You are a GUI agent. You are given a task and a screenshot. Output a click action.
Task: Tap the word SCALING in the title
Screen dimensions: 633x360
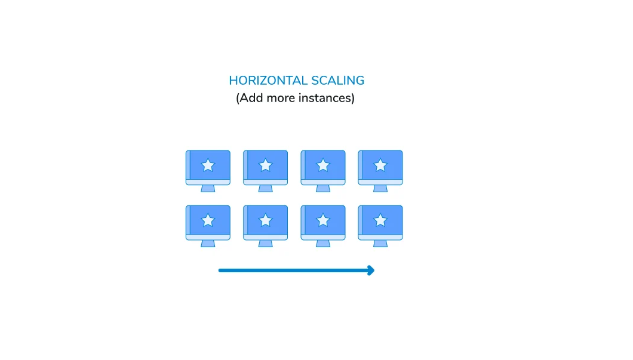tap(337, 81)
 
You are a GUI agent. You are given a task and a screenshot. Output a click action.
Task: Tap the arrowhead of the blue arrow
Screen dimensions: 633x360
tap(371, 270)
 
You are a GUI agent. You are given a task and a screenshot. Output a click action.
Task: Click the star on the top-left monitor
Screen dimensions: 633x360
tap(208, 165)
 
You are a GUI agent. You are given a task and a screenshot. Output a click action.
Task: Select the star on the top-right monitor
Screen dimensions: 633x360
tap(380, 165)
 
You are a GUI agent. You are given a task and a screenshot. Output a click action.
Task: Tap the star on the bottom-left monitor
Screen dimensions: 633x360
tap(208, 220)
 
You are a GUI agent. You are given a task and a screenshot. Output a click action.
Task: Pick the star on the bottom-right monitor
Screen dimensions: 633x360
tap(380, 220)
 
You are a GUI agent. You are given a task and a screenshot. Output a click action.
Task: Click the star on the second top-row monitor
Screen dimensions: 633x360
tap(265, 165)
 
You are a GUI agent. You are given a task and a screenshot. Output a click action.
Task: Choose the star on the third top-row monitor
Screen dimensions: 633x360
tap(323, 165)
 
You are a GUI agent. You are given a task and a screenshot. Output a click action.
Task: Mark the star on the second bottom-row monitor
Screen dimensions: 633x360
tap(265, 220)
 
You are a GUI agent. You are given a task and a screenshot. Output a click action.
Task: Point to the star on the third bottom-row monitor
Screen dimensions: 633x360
tap(323, 220)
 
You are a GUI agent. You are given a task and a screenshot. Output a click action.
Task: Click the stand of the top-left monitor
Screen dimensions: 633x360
tap(208, 189)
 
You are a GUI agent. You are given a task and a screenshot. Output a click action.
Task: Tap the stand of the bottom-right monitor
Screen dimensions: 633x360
tap(380, 244)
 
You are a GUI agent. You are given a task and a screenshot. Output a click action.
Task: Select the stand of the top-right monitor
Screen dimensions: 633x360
tap(380, 189)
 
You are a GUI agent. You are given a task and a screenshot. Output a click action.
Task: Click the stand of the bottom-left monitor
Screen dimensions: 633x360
tap(208, 244)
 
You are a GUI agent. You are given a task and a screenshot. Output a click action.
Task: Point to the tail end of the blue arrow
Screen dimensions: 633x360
tap(220, 270)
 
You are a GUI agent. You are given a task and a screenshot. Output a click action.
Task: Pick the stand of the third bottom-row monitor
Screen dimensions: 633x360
tap(323, 244)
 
